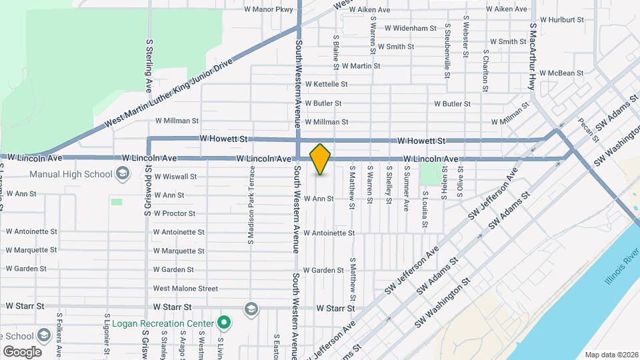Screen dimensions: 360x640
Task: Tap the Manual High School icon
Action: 122,175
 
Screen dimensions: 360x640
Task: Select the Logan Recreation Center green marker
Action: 225,323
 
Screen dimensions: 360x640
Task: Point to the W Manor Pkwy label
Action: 269,9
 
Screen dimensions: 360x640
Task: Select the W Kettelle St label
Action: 326,84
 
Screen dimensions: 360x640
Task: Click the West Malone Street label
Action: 185,289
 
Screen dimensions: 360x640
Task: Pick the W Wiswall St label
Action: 175,177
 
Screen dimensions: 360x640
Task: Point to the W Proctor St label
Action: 174,213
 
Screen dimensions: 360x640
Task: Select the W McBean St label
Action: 561,73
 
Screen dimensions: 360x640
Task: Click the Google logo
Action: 22,351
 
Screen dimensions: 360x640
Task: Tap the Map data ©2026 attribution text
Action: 611,355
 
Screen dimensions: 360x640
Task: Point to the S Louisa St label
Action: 424,209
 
